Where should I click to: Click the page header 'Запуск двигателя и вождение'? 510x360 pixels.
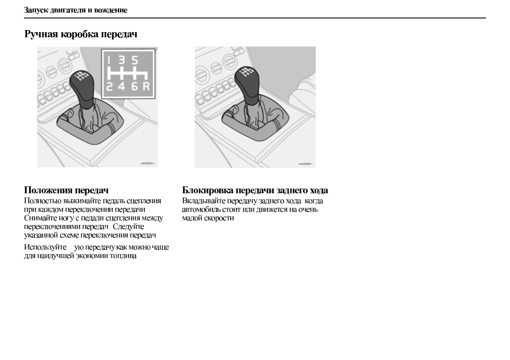coord(75,10)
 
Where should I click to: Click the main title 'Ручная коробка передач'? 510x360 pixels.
coord(81,34)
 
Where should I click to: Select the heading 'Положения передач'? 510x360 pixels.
coord(66,190)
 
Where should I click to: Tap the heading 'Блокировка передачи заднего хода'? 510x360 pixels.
coord(255,190)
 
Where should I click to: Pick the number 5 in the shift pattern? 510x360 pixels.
coord(135,60)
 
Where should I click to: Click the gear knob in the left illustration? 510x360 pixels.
coord(82,84)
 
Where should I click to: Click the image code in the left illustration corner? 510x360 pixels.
coord(147,164)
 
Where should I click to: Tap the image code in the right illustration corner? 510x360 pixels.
coord(305,164)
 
